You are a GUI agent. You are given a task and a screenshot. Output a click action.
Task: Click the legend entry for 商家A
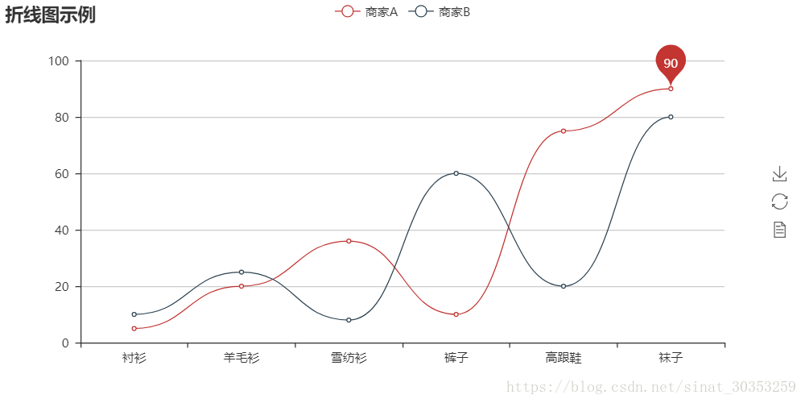367,11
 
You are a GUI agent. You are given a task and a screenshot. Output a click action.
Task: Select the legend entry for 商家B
440,11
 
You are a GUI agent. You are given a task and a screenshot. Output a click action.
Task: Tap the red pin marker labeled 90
671,62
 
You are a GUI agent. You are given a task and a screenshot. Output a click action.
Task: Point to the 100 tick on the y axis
59,61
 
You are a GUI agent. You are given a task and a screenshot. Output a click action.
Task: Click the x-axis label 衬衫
134,357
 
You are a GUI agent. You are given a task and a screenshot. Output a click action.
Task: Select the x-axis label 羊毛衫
242,357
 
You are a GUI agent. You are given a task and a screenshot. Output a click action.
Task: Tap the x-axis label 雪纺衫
349,357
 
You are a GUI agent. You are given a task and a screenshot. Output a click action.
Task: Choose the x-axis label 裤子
456,357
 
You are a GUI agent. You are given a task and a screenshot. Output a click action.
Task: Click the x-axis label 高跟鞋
563,357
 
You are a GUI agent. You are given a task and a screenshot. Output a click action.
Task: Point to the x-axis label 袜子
671,357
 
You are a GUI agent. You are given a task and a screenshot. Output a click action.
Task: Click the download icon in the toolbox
778,173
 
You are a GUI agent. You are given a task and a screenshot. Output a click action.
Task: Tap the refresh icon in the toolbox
778,201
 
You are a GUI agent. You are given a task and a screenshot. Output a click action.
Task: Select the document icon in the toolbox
778,230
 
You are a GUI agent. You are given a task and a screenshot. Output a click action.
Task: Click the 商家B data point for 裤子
456,173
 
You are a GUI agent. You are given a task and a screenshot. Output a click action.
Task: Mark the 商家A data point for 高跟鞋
563,131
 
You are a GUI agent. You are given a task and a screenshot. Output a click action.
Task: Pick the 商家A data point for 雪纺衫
349,241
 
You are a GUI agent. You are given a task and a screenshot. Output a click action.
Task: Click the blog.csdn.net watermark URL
650,387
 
